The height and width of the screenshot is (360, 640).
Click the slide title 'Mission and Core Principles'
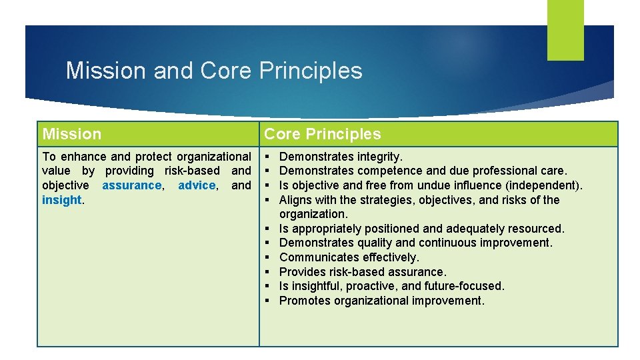pyautogui.click(x=214, y=71)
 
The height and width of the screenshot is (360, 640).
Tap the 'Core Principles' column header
pyautogui.click(x=323, y=134)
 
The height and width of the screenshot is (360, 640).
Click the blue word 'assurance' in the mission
pyautogui.click(x=132, y=185)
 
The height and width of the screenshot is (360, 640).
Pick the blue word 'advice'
pyautogui.click(x=197, y=185)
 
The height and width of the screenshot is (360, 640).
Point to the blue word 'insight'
pyautogui.click(x=61, y=200)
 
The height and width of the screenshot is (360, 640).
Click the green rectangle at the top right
pyautogui.click(x=565, y=29)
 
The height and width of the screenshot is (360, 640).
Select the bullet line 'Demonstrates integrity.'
pyautogui.click(x=341, y=157)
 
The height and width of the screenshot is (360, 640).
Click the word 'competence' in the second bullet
pyautogui.click(x=388, y=171)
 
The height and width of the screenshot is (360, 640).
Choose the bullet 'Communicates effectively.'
pyautogui.click(x=349, y=257)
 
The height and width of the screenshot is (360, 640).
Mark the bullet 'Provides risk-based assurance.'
pyautogui.click(x=363, y=272)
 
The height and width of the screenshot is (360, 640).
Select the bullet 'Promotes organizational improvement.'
pyautogui.click(x=381, y=301)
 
